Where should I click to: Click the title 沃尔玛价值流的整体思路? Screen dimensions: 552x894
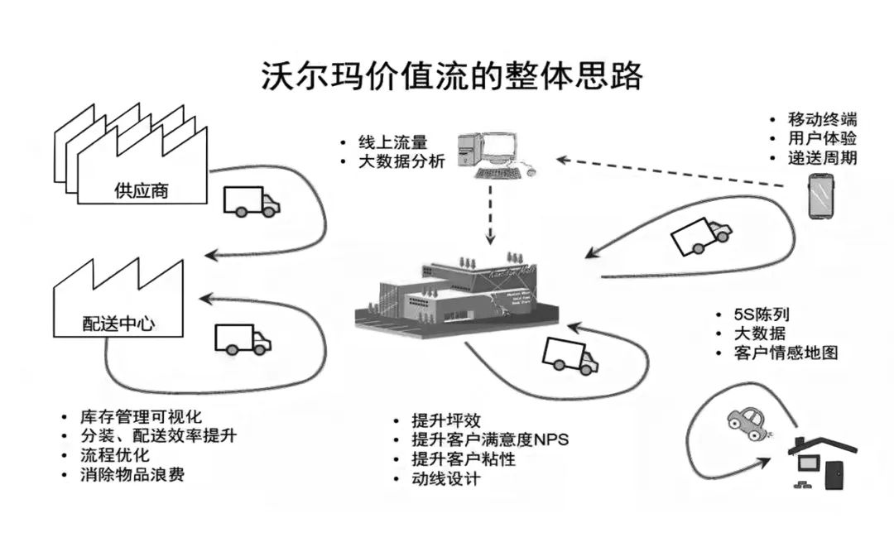pos(451,75)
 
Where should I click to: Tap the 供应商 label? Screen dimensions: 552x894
pos(141,190)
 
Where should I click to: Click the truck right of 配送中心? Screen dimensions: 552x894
pos(242,338)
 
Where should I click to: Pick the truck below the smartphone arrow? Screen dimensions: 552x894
pos(700,235)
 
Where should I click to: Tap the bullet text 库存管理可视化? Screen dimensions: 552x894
pos(141,415)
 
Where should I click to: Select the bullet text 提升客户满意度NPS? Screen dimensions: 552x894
pos(491,439)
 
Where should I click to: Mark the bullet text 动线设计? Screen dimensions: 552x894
pos(446,479)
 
